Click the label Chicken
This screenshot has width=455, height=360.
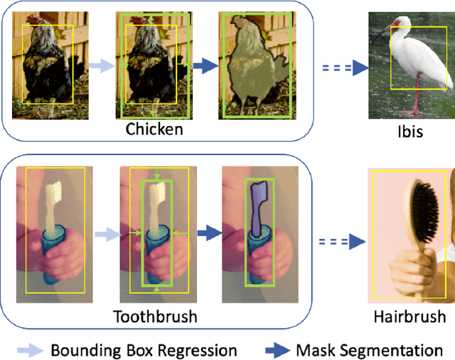pos(154,129)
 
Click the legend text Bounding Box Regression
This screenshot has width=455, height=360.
pos(144,349)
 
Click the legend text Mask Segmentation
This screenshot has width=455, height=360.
pos(368,349)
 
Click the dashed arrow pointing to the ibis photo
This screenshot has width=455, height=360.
pos(343,67)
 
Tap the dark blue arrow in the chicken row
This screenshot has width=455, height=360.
pos(204,66)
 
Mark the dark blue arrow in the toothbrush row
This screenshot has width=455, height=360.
pos(207,231)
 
